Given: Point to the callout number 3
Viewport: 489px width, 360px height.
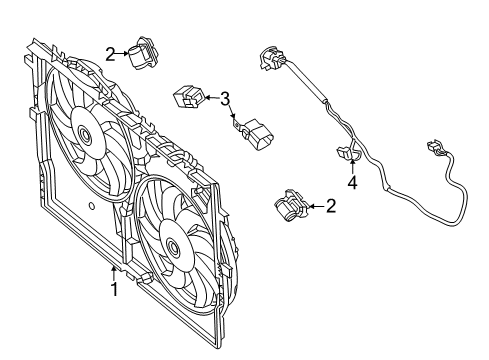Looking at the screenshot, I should point(225,98).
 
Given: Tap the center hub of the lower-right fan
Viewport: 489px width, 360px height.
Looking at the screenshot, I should point(175,245).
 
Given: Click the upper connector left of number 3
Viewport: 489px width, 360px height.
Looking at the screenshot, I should point(190,98).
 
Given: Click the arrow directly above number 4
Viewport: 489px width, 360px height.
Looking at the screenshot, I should point(351,167).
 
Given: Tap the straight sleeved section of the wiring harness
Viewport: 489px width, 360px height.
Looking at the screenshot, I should point(310,90).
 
